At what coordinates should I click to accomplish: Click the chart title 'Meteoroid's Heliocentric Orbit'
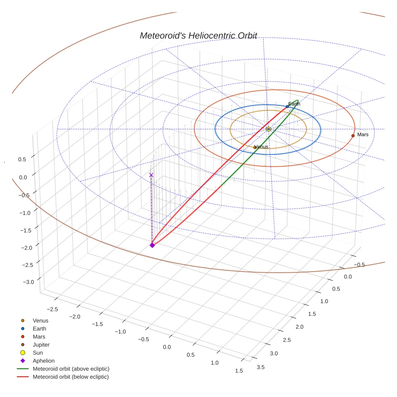click(x=198, y=36)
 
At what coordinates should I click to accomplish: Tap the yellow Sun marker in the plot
click(x=268, y=129)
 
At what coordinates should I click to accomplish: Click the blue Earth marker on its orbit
click(x=287, y=107)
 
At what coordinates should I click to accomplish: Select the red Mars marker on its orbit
click(x=353, y=136)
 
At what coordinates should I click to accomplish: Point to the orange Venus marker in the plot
click(x=255, y=148)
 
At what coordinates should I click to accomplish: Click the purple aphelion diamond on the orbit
click(x=152, y=245)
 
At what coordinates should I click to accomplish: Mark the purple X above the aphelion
click(x=151, y=175)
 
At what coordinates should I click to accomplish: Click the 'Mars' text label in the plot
click(x=363, y=134)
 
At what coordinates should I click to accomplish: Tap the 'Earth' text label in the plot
click(x=294, y=104)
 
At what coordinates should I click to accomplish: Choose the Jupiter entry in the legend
click(x=41, y=345)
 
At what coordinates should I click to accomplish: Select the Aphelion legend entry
click(x=44, y=361)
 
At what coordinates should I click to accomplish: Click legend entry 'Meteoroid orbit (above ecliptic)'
click(x=71, y=369)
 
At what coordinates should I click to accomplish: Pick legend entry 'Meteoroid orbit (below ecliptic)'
click(x=71, y=377)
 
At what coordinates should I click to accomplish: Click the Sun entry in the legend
click(x=38, y=353)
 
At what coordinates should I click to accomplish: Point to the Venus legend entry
click(x=40, y=321)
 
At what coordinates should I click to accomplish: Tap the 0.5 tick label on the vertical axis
click(x=22, y=159)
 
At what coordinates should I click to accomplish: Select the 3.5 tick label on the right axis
click(x=261, y=367)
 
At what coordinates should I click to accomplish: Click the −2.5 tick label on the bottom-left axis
click(x=52, y=309)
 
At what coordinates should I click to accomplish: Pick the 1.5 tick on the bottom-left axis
click(x=238, y=371)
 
